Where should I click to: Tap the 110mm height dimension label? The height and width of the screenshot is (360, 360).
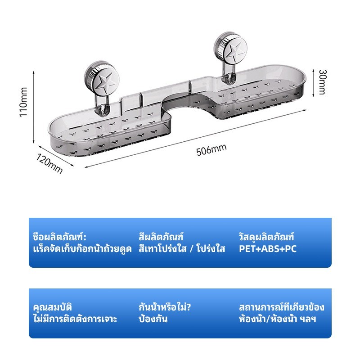pyautogui.click(x=24, y=102)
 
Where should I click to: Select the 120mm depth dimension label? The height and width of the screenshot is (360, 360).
pyautogui.click(x=49, y=163)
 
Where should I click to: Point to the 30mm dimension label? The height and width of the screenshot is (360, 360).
pyautogui.click(x=322, y=82)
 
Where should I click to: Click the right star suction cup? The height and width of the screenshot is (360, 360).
pyautogui.click(x=230, y=49)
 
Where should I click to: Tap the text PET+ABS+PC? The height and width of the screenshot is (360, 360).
pyautogui.click(x=268, y=249)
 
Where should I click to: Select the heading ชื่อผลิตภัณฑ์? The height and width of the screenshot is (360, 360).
pyautogui.click(x=60, y=237)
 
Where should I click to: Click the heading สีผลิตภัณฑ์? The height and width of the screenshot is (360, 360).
pyautogui.click(x=161, y=237)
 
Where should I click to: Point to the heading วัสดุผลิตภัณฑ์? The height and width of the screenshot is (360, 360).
pyautogui.click(x=266, y=237)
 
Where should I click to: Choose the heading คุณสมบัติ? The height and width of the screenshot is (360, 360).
pyautogui.click(x=53, y=307)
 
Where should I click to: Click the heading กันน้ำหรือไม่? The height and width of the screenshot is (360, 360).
pyautogui.click(x=165, y=307)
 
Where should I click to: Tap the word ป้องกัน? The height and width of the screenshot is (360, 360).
pyautogui.click(x=153, y=319)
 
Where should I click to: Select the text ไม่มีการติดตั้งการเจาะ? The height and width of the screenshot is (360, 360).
pyautogui.click(x=75, y=319)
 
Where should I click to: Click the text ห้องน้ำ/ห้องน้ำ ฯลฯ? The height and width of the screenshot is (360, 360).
pyautogui.click(x=277, y=319)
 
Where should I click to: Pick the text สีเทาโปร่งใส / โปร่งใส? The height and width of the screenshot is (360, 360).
pyautogui.click(x=182, y=249)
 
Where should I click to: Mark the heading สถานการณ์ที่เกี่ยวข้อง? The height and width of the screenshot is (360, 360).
pyautogui.click(x=282, y=307)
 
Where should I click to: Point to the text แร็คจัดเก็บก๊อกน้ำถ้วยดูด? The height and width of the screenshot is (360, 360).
pyautogui.click(x=82, y=249)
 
